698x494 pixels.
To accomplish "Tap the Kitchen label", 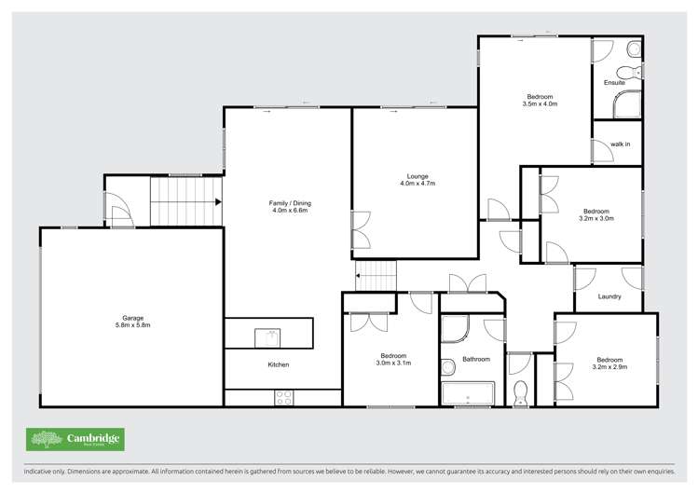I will coord(278,364).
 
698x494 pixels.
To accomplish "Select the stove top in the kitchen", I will coord(284,397).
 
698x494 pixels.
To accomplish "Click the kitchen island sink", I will coord(268,334).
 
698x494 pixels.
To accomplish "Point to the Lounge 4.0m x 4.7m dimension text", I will coord(416,184).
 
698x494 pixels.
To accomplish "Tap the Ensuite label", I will coord(614,82).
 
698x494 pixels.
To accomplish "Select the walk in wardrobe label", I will coord(620,144).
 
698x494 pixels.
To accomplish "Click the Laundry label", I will coord(609,297).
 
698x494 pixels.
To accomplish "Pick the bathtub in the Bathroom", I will coord(472,392).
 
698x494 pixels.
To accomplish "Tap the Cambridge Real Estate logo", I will coord(75,439).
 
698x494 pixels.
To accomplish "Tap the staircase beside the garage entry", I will coord(185,201).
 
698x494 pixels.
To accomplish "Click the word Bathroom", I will coord(476,359).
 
